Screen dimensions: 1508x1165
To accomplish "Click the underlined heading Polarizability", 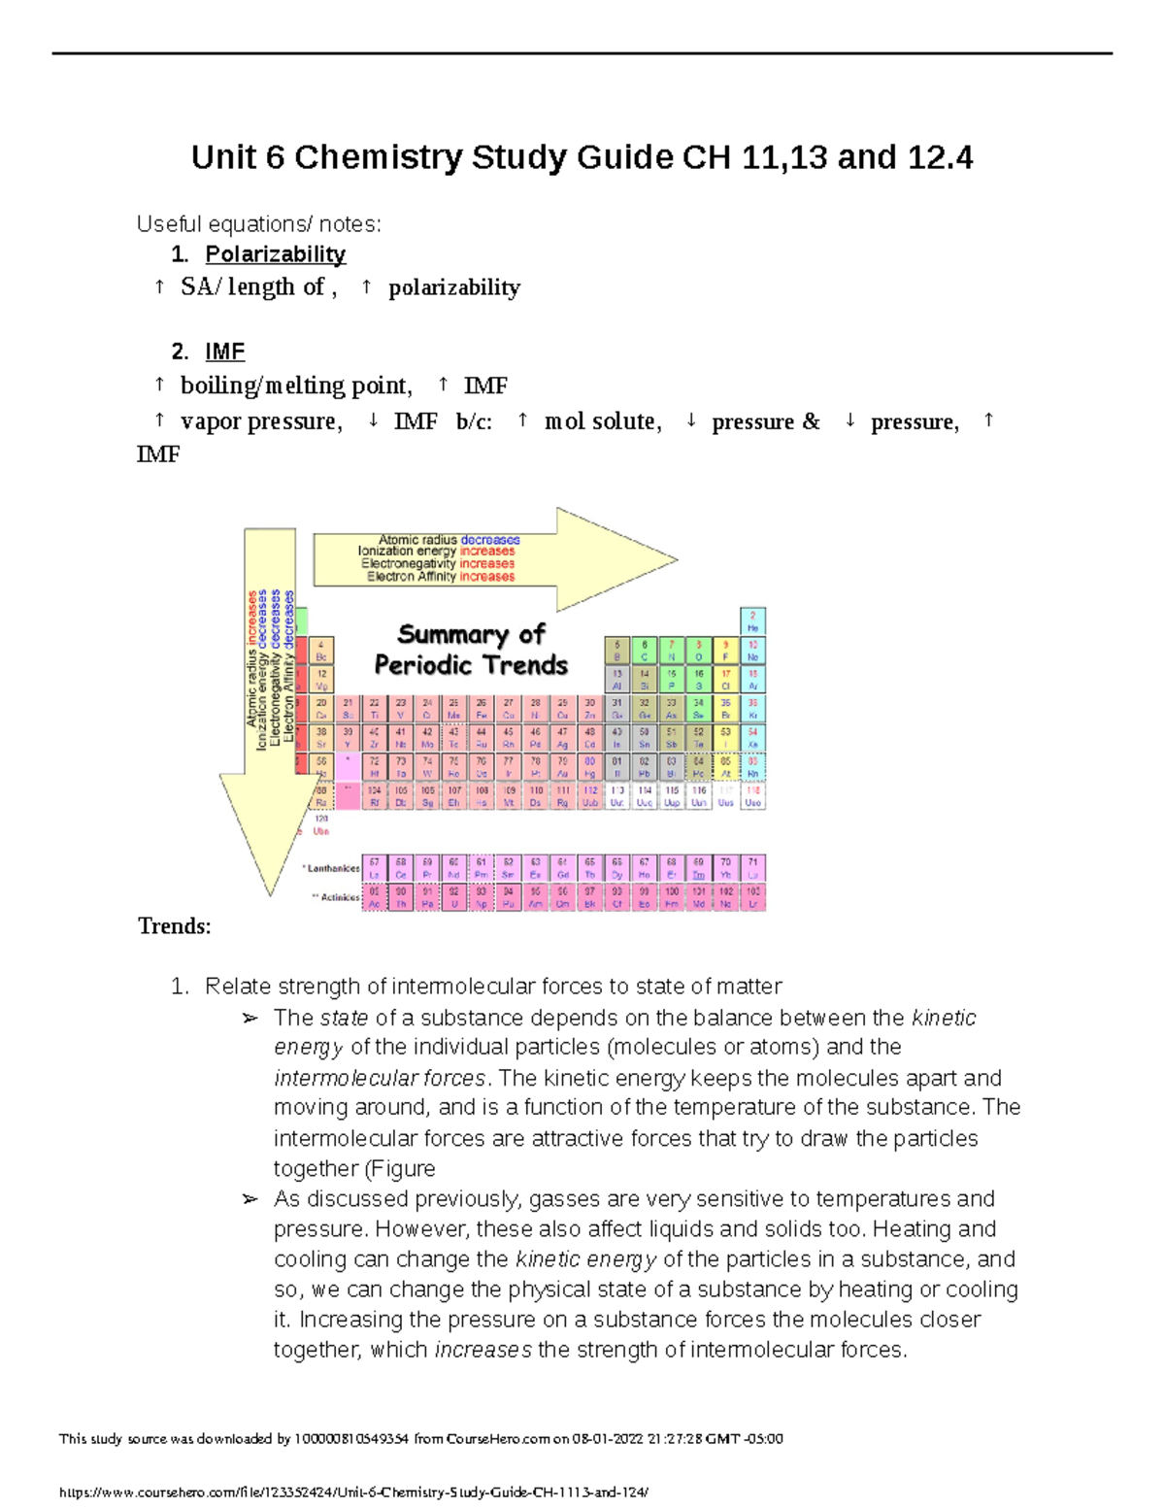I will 275,254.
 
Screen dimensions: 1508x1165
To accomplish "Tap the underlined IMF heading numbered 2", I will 224,352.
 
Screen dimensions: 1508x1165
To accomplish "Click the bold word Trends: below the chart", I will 175,926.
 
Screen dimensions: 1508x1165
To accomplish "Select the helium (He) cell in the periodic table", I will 752,621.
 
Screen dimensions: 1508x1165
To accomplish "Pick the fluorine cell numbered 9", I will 725,651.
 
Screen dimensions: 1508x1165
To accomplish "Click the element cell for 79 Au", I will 562,768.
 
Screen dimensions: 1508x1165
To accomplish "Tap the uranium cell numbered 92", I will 453,897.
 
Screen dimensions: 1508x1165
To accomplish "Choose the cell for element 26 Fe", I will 481,708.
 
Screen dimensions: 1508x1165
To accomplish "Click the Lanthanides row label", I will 332,868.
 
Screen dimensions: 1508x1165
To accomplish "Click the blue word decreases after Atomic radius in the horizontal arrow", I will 490,540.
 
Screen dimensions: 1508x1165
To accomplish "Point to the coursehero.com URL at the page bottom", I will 353,1491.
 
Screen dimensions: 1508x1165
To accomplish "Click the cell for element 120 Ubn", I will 321,825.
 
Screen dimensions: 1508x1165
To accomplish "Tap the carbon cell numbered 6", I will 644,651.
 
